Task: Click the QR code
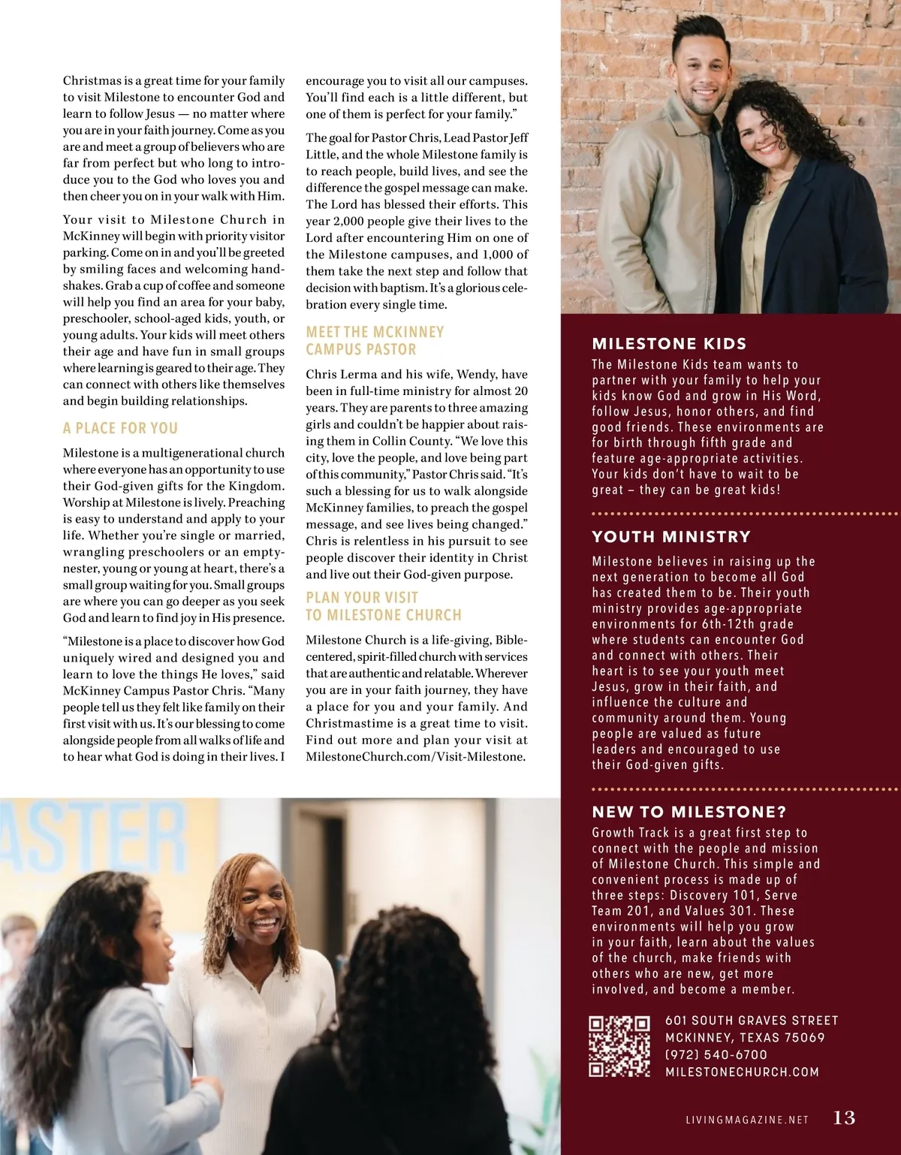[619, 1046]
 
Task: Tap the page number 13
[844, 1117]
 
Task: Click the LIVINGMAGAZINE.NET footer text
[747, 1120]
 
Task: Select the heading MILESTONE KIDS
[669, 344]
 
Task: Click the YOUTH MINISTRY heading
[671, 536]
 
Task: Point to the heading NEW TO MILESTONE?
[689, 812]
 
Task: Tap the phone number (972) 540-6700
[716, 1054]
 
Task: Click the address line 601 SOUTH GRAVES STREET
[752, 1020]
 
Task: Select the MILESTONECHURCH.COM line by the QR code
[742, 1072]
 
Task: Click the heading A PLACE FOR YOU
[120, 428]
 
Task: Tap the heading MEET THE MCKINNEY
[375, 332]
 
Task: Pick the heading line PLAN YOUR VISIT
[361, 597]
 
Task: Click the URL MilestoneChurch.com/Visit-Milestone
[415, 756]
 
